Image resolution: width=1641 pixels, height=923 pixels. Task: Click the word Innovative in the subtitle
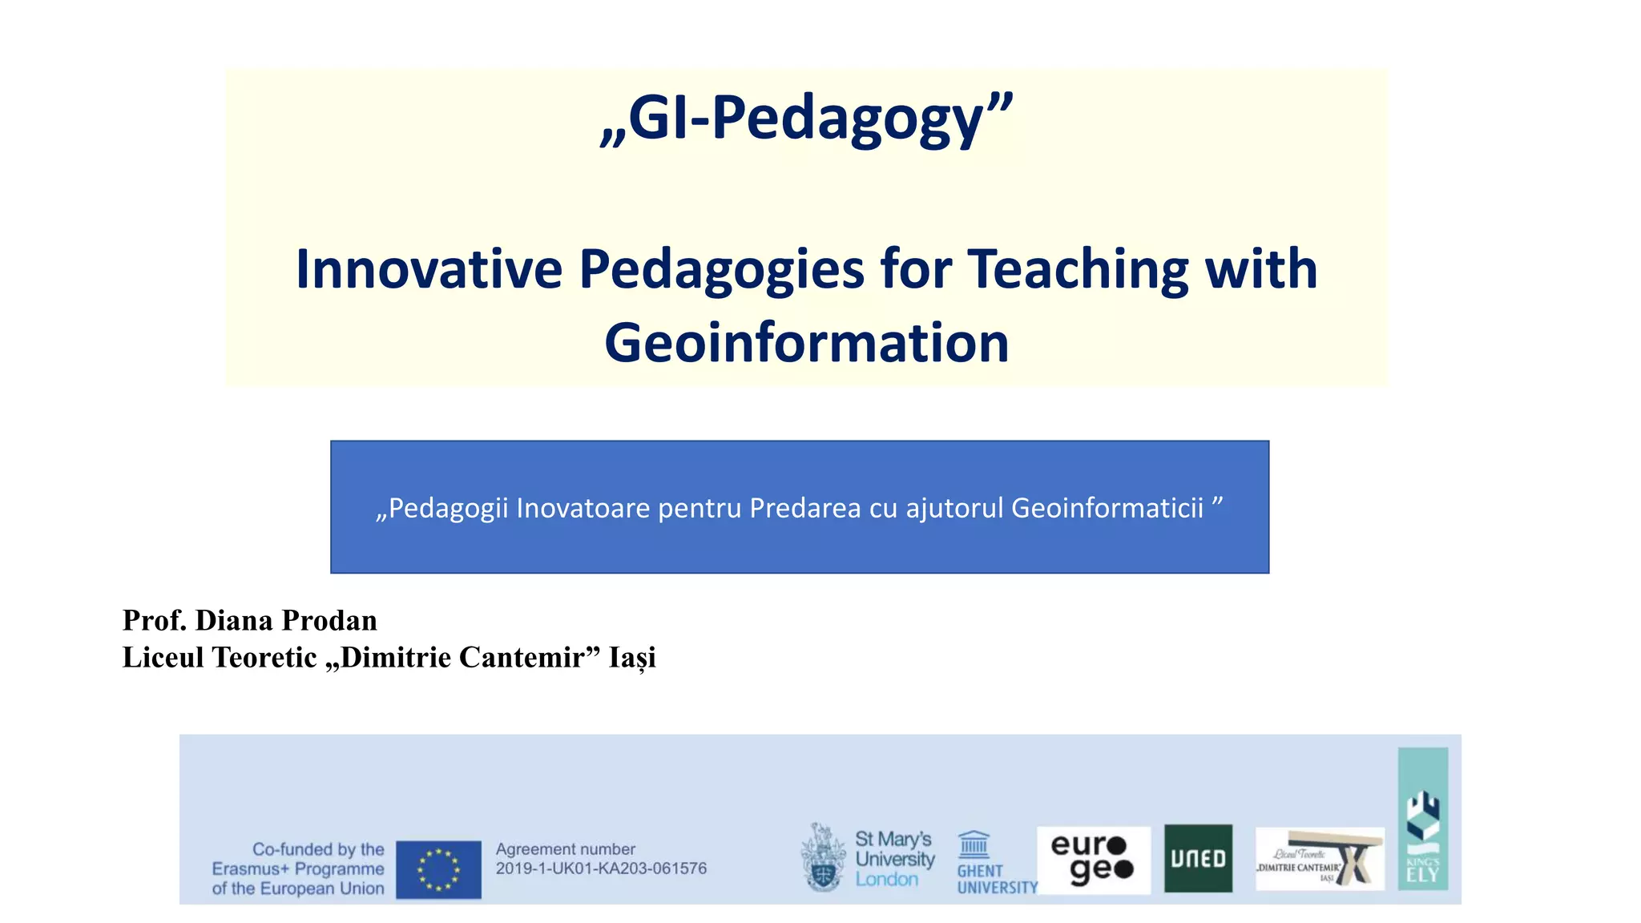[x=429, y=269]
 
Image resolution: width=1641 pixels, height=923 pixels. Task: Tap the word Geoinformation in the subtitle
[x=806, y=343]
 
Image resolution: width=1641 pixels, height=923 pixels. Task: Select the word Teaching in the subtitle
[x=1079, y=269]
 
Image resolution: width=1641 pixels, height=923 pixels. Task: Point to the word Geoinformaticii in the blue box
[x=1107, y=508]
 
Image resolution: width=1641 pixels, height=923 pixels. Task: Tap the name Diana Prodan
[x=286, y=621]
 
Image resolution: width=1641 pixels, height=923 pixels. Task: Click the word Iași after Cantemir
[x=632, y=658]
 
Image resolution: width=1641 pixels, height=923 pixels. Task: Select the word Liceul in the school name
[x=163, y=658]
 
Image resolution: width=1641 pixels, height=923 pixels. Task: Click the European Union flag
[x=438, y=869]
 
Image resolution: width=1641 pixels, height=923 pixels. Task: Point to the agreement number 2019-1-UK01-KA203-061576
[x=601, y=869]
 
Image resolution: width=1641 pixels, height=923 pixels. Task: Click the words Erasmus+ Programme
[x=298, y=869]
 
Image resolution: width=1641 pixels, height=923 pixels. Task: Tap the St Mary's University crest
[x=823, y=858]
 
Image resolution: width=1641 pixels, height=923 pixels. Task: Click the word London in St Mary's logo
[x=886, y=880]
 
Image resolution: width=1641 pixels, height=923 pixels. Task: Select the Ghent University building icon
[x=974, y=844]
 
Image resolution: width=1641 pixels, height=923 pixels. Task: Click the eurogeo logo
[x=1093, y=860]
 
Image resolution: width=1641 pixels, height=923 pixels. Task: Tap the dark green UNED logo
[x=1198, y=859]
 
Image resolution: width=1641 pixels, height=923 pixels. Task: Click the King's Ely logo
[x=1422, y=819]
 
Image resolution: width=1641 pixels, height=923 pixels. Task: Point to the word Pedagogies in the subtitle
[x=721, y=269]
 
